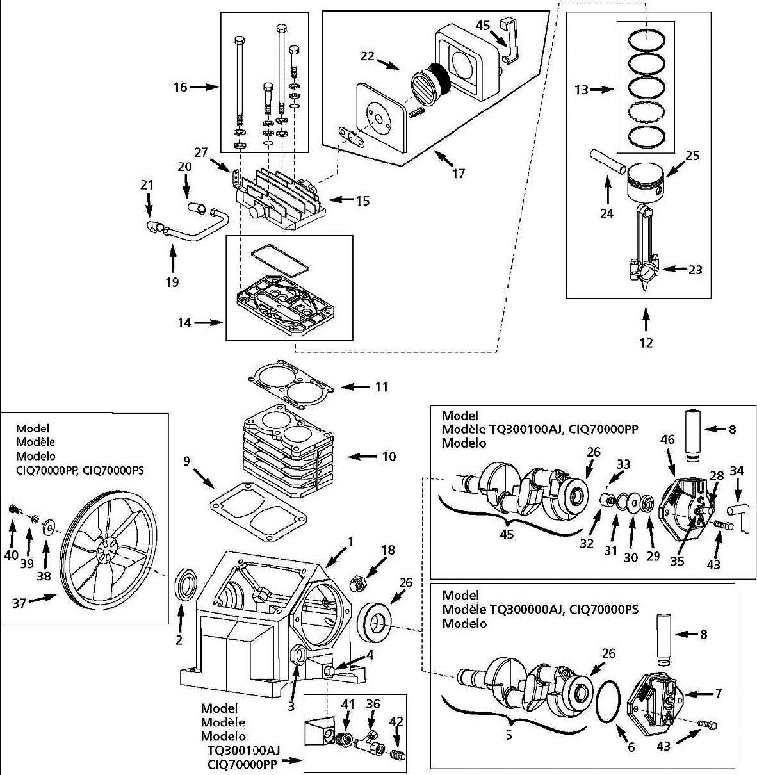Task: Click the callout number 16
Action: pos(180,86)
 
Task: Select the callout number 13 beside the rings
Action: pos(581,90)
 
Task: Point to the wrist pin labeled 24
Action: pos(607,160)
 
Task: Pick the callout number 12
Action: pos(646,343)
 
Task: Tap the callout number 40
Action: pos(11,555)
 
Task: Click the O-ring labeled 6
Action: pos(608,704)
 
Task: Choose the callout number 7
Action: pos(719,693)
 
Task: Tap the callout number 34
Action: pos(737,471)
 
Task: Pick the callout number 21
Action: pos(147,185)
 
